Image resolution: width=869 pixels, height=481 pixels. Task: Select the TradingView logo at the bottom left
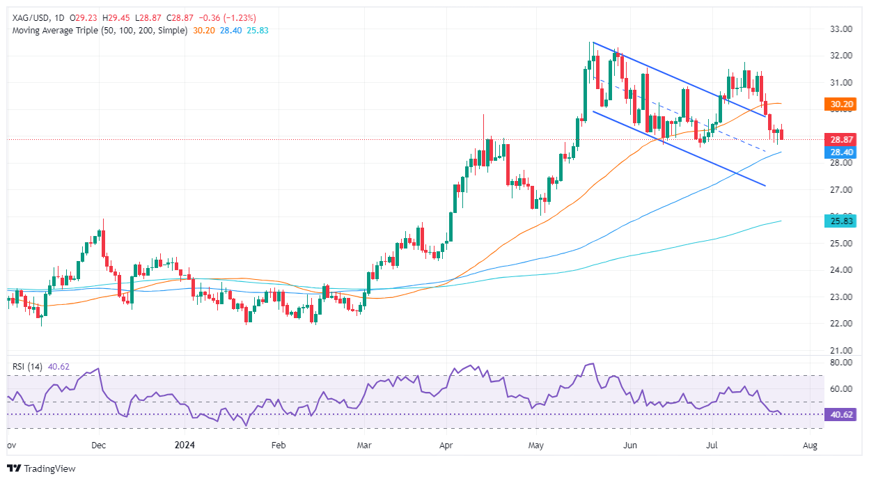click(41, 468)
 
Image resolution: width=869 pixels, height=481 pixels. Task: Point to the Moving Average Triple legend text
click(97, 31)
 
